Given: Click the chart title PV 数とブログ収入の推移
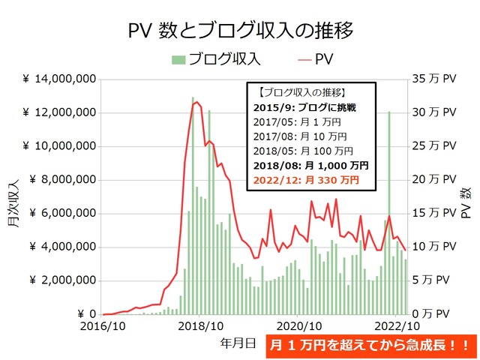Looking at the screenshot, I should [x=240, y=31].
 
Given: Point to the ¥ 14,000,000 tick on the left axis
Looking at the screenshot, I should [x=58, y=79].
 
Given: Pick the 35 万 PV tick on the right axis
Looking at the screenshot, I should [x=434, y=79].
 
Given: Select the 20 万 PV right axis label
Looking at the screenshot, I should [x=434, y=179].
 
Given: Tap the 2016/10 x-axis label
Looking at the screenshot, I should [x=102, y=326].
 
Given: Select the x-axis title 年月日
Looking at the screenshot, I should [x=238, y=343].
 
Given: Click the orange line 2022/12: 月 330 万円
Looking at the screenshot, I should [x=306, y=180].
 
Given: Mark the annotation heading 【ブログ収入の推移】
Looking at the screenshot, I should [x=301, y=93].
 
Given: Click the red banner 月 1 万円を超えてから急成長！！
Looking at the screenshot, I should [x=370, y=346].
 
